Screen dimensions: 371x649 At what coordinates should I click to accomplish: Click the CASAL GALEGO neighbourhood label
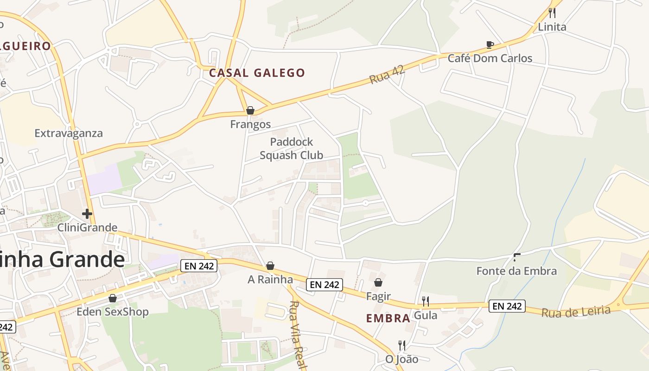point(257,73)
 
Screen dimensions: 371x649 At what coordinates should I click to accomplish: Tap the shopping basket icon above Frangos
point(250,110)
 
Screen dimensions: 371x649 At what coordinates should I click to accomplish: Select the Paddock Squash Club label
point(292,148)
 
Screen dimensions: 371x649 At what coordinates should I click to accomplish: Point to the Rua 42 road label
point(388,74)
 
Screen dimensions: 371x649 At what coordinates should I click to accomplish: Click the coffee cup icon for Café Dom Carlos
point(490,45)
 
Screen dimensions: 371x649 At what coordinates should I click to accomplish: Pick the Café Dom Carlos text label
point(490,58)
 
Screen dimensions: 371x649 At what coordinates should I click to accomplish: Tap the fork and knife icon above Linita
point(552,13)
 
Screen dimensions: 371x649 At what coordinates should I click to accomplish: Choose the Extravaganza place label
point(69,134)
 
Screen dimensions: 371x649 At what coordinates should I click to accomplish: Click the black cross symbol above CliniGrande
point(87,214)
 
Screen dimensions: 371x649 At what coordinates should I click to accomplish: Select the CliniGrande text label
point(87,228)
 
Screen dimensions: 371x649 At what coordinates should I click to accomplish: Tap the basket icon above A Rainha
point(270,266)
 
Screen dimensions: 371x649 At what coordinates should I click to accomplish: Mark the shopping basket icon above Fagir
point(378,282)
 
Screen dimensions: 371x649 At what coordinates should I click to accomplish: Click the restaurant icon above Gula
point(425,301)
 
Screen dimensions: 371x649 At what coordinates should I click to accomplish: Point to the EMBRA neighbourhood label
point(388,318)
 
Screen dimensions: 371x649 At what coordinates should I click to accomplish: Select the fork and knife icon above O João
point(402,345)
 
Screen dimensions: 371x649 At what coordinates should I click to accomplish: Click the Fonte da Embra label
point(516,271)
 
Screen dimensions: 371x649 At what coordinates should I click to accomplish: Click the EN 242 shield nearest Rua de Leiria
point(507,306)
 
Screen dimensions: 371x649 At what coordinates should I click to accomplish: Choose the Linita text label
point(552,27)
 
